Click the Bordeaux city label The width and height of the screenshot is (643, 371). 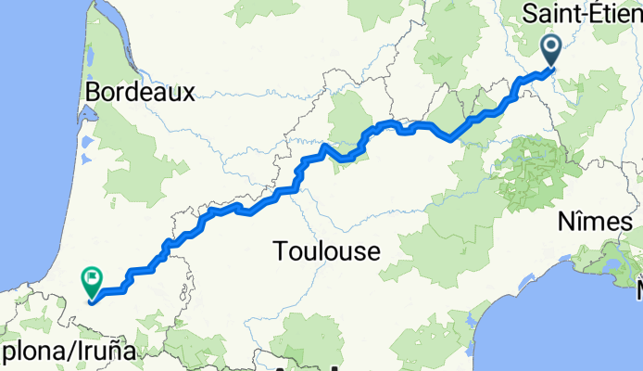point(140,92)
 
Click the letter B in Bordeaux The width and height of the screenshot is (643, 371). point(93,92)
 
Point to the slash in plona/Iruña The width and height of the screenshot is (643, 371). point(67,352)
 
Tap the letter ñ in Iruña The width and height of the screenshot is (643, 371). point(118,352)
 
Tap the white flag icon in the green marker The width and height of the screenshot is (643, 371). point(93,275)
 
